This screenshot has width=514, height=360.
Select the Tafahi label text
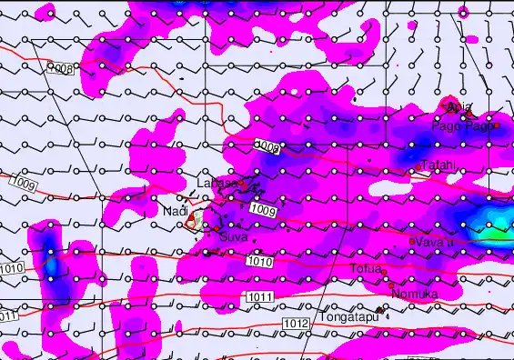coord(438,165)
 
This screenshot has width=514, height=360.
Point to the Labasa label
coord(217,184)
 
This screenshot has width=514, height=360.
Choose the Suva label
coord(234,236)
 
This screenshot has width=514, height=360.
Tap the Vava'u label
coord(432,241)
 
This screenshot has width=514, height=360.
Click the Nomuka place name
coord(414,294)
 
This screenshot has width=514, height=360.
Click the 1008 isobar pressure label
coord(60,68)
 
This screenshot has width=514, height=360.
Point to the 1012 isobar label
coord(295,324)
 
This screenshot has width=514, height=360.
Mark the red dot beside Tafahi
coord(418,168)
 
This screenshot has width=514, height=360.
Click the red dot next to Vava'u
coord(412,241)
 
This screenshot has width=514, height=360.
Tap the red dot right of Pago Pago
coord(496,125)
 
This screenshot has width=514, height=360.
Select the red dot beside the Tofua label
coord(385,273)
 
